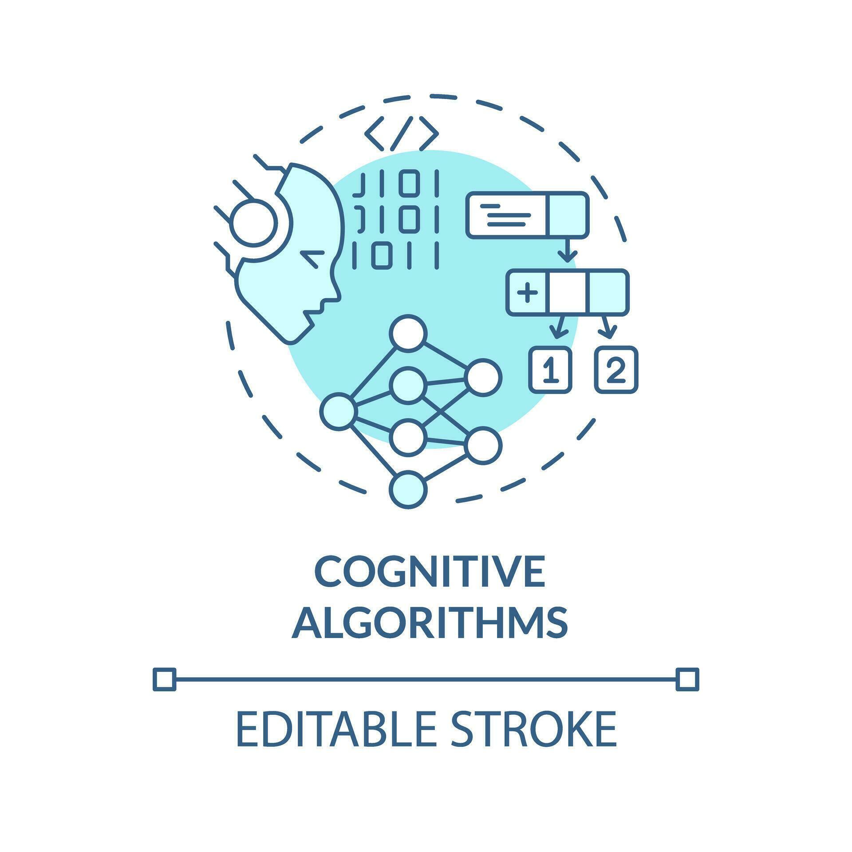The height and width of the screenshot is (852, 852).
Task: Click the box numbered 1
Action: [550, 370]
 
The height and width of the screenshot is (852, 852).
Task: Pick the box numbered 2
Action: [616, 370]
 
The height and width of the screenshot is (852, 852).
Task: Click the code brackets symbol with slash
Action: [401, 133]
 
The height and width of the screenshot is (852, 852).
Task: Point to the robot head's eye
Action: [312, 258]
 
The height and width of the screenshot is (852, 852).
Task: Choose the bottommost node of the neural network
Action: [408, 490]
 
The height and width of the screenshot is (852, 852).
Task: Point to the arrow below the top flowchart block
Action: [568, 251]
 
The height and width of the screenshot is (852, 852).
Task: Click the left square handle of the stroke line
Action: [164, 679]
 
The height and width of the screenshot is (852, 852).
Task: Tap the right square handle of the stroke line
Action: [687, 679]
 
